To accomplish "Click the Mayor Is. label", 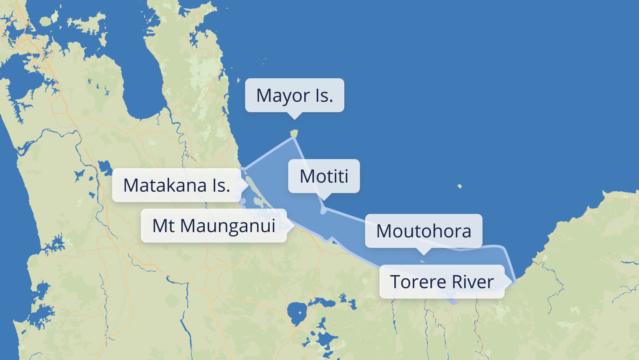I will point(294,95).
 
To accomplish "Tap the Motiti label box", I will point(324,176).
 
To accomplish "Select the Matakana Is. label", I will point(176,185).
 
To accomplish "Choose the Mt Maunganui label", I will point(213,226).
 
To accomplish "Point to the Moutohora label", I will point(423,231).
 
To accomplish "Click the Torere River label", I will point(442,282).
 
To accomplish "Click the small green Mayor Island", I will point(294,133).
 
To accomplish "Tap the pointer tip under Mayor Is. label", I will point(295,119).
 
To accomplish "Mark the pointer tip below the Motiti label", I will point(324,200).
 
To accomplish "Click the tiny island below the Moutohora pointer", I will point(423,261).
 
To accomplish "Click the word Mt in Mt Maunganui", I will point(163,226).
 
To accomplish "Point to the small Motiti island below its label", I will point(323,210).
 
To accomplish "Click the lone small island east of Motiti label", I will point(459,187).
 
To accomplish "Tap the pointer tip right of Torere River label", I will point(511,282).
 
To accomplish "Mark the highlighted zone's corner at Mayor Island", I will point(294,138).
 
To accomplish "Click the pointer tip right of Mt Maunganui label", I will point(293,226).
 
